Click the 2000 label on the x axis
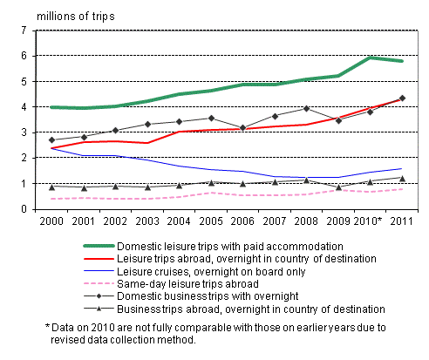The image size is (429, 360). pos(53,222)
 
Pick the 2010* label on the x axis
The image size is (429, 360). pos(374,222)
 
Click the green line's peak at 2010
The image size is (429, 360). pos(371,58)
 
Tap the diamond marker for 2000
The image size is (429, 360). pos(53,139)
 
